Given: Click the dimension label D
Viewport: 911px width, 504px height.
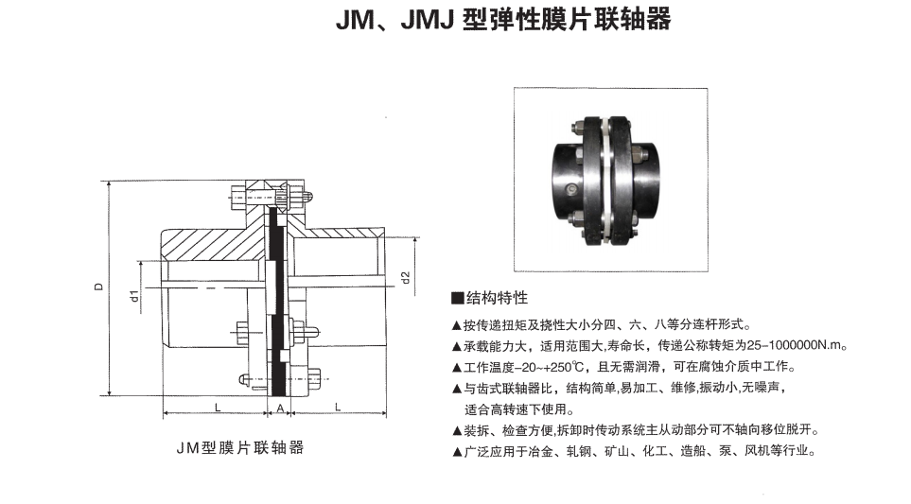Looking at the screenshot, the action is click(99, 287).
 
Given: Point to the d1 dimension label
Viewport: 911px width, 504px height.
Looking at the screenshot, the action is click(134, 296).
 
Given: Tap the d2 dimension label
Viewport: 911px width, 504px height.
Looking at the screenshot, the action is click(406, 278).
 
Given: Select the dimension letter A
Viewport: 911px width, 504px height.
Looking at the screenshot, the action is click(280, 408).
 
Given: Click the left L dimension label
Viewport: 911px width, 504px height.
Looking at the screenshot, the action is click(218, 408).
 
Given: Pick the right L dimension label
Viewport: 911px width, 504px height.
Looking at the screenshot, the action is click(338, 408).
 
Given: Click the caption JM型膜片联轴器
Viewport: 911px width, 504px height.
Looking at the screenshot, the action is click(240, 447).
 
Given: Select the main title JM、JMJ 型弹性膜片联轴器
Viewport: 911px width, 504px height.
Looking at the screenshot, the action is click(503, 19).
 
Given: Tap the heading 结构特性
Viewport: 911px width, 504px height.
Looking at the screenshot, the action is click(497, 298).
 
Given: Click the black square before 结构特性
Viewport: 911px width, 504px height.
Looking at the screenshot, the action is click(458, 299).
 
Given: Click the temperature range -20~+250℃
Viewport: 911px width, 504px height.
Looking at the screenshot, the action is click(552, 367).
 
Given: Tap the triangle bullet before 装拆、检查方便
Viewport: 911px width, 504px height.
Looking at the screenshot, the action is click(457, 431).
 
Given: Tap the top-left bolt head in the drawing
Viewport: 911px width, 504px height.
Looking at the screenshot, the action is click(237, 197).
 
